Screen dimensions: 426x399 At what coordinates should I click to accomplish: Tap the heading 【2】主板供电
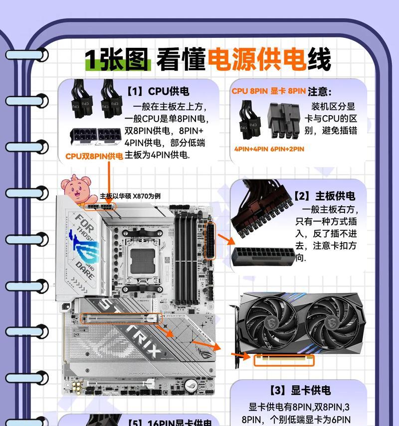tap(324, 196)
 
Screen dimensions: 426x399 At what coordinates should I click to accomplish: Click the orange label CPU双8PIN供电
tap(94, 156)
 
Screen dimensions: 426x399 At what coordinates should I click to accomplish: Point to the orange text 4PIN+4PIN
tap(251, 149)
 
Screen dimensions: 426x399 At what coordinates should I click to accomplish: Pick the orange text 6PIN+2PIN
tap(287, 149)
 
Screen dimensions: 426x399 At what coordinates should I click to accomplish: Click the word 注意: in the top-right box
tap(320, 92)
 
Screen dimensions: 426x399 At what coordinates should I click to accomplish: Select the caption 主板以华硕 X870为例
tap(130, 196)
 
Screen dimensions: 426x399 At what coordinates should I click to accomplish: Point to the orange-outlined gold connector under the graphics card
tap(285, 359)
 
